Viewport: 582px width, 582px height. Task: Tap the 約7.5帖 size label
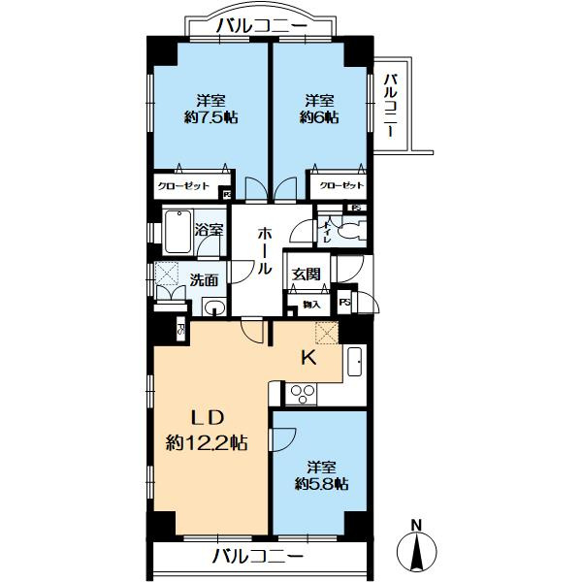click(211, 117)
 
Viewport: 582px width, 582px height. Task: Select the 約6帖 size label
click(320, 117)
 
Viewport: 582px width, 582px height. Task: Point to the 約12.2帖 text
click(206, 442)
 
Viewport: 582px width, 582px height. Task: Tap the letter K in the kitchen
click(307, 358)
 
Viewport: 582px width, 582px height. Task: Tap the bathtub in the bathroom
click(177, 231)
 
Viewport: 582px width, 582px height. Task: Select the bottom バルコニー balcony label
click(257, 557)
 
